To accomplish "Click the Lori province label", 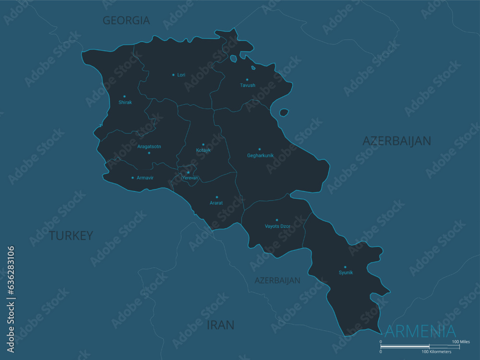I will pyautogui.click(x=181, y=75).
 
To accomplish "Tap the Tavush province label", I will pyautogui.click(x=248, y=85).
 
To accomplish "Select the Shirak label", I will pyautogui.click(x=125, y=102).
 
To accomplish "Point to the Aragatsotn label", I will pyautogui.click(x=149, y=146).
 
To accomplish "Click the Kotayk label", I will pyautogui.click(x=204, y=150).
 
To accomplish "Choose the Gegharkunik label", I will pyautogui.click(x=260, y=156).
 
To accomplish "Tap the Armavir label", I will pyautogui.click(x=145, y=178).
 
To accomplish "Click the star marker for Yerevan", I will pyautogui.click(x=188, y=172).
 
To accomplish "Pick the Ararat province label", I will pyautogui.click(x=216, y=203).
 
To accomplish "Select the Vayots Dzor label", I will pyautogui.click(x=277, y=226).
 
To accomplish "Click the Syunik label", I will pyautogui.click(x=346, y=273).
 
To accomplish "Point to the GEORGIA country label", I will pyautogui.click(x=126, y=20).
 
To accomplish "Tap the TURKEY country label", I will pyautogui.click(x=71, y=236).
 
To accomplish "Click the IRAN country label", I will pyautogui.click(x=220, y=325).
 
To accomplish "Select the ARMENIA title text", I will pyautogui.click(x=420, y=331).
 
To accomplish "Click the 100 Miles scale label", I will pyautogui.click(x=461, y=342).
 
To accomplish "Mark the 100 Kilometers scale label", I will pyautogui.click(x=437, y=352).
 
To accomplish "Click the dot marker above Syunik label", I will pyautogui.click(x=345, y=267).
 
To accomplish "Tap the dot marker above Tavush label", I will pyautogui.click(x=247, y=80).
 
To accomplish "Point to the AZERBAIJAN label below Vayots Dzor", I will pyautogui.click(x=277, y=280).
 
